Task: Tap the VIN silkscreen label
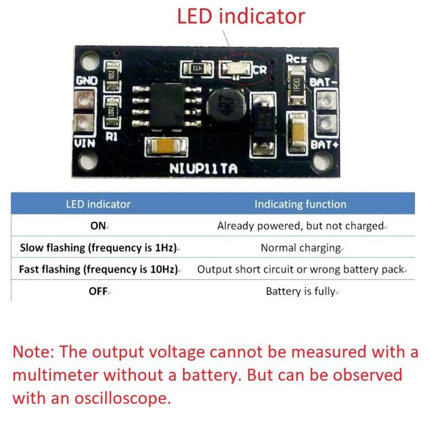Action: tap(84, 143)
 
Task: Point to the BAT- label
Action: tap(324, 82)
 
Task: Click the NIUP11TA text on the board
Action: tap(203, 169)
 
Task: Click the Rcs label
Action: tap(297, 59)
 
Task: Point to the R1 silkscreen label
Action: tap(112, 137)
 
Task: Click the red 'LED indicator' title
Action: tap(241, 17)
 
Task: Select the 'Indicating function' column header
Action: tap(300, 204)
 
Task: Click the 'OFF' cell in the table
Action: tap(98, 292)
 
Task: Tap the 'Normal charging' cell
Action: tap(301, 248)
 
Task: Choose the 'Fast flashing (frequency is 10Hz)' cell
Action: tap(99, 269)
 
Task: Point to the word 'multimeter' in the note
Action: tap(56, 375)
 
